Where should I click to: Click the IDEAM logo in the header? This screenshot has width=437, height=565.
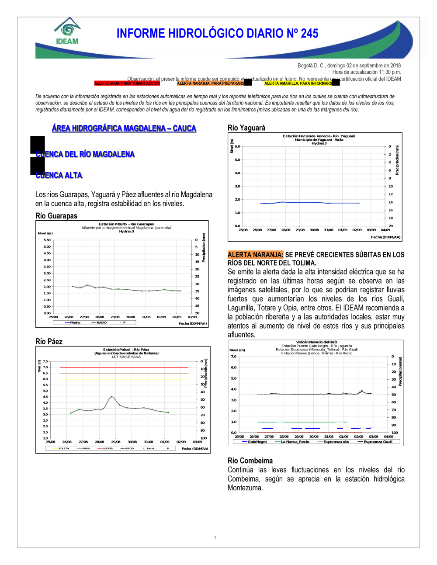pos(67,31)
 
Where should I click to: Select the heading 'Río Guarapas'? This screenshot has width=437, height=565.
pos(56,216)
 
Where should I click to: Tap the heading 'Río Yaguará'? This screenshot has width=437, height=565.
pos(246,128)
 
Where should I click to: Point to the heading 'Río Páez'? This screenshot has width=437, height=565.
pos(49,342)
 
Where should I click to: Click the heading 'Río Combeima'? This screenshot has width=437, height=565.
pos(250,461)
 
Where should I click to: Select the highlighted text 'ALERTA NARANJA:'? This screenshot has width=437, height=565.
pos(255,255)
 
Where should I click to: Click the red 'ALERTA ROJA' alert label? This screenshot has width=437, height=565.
pos(127,83)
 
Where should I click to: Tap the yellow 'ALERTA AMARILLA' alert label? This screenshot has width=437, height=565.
pos(298,83)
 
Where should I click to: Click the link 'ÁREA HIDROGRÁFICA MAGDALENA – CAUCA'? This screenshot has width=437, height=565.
pos(124,128)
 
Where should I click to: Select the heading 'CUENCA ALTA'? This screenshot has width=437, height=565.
pos(59,175)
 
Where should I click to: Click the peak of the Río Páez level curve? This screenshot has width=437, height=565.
pos(112,397)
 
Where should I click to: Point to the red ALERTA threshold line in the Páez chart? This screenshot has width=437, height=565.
pos(125,367)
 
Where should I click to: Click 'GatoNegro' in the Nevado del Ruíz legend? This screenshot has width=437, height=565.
pos(257,442)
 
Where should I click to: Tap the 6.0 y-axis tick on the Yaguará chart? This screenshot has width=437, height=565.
pos(237,146)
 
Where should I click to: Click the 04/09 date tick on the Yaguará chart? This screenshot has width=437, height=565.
pos(385,230)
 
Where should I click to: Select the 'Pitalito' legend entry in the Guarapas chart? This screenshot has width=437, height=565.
pos(75,322)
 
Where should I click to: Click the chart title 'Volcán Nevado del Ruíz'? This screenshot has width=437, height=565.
pos(316,342)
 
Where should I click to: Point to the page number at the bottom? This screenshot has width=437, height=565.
pos(215,537)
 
